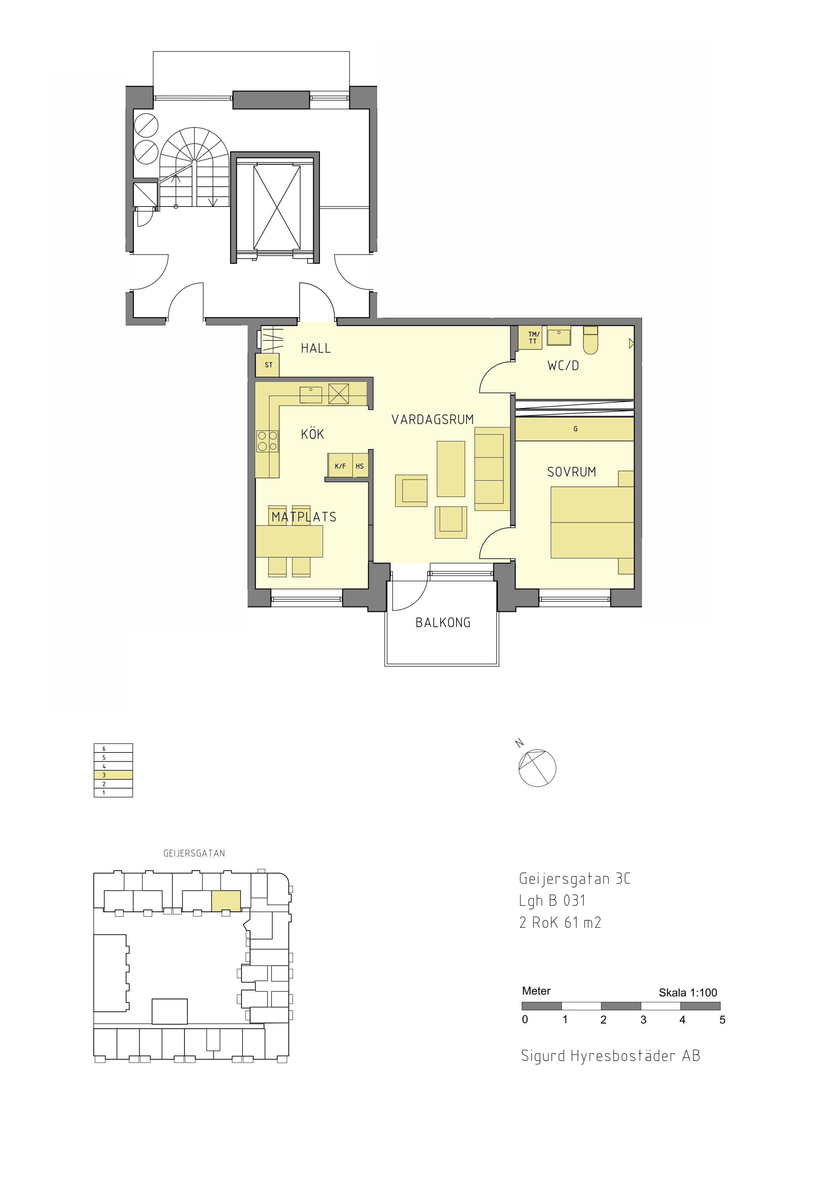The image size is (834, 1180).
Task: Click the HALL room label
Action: [x=316, y=348]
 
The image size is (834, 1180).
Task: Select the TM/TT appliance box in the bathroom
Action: [x=530, y=338]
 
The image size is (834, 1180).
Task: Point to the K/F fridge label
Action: [x=340, y=467]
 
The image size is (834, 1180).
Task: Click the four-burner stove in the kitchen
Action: [x=267, y=441]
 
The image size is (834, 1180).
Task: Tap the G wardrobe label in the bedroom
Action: [x=576, y=429]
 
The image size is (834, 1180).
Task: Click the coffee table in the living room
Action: [x=451, y=469]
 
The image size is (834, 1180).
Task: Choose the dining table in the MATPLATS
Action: [x=289, y=542]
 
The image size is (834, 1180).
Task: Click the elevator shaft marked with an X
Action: [x=277, y=207]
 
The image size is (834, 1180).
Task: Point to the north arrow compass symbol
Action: [x=537, y=768]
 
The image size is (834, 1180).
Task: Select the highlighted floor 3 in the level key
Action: [x=113, y=775]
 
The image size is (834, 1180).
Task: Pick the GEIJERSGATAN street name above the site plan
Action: [x=194, y=853]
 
